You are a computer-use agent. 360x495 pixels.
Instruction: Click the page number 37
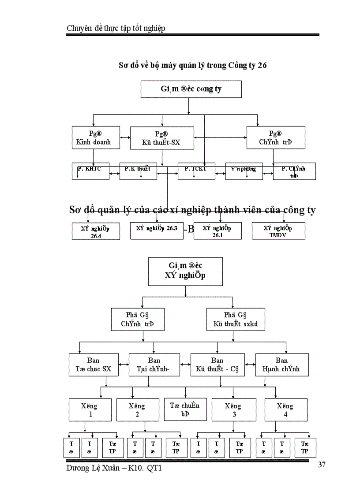[x=321, y=465]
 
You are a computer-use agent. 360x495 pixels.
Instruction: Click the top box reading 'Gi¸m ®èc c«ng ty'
[x=191, y=89]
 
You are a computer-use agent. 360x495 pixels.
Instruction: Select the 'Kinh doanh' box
[x=93, y=138]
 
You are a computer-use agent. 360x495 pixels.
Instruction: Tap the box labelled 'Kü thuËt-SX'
[x=162, y=138]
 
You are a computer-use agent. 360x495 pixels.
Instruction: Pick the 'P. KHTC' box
[x=90, y=171]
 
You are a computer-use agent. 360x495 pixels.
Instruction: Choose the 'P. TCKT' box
[x=196, y=171]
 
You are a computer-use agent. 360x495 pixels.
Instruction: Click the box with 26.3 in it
[x=157, y=231]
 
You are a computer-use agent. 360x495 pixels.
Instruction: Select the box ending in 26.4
[x=96, y=231]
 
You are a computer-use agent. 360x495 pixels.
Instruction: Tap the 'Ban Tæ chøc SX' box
[x=94, y=365]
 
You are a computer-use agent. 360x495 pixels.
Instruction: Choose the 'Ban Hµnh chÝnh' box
[x=281, y=365]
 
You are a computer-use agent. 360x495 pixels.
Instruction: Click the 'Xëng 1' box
[x=90, y=409]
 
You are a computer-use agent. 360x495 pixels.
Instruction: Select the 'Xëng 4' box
[x=285, y=409]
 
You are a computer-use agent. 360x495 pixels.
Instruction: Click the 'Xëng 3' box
[x=233, y=409]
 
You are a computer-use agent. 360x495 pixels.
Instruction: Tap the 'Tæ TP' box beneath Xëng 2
[x=176, y=447]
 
